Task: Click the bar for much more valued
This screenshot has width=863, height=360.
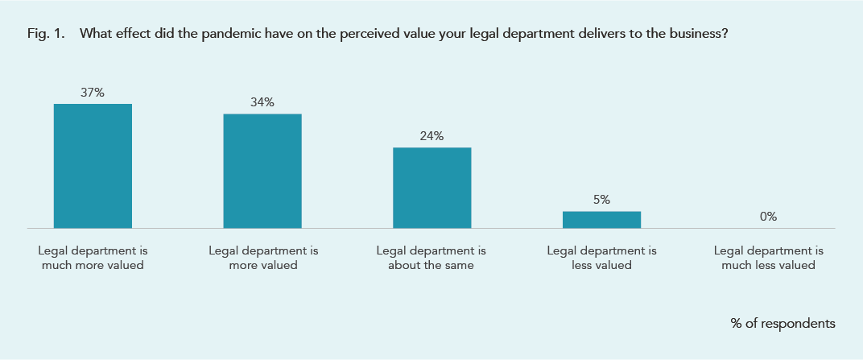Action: (93, 166)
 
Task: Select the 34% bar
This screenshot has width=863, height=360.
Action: (262, 171)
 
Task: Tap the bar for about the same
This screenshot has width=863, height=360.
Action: (431, 188)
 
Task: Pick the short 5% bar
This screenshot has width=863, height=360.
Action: (601, 220)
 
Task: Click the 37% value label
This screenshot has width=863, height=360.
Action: (93, 93)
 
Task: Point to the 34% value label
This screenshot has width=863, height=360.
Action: (262, 102)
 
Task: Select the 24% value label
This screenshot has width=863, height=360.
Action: (431, 136)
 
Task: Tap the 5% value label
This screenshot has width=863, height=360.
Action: (601, 200)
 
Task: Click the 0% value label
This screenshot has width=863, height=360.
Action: (768, 216)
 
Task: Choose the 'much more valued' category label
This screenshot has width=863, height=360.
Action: (93, 258)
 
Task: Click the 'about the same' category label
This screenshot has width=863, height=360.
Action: (431, 258)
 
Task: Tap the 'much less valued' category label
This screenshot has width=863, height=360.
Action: (769, 258)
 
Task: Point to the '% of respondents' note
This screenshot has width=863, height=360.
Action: (782, 323)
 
